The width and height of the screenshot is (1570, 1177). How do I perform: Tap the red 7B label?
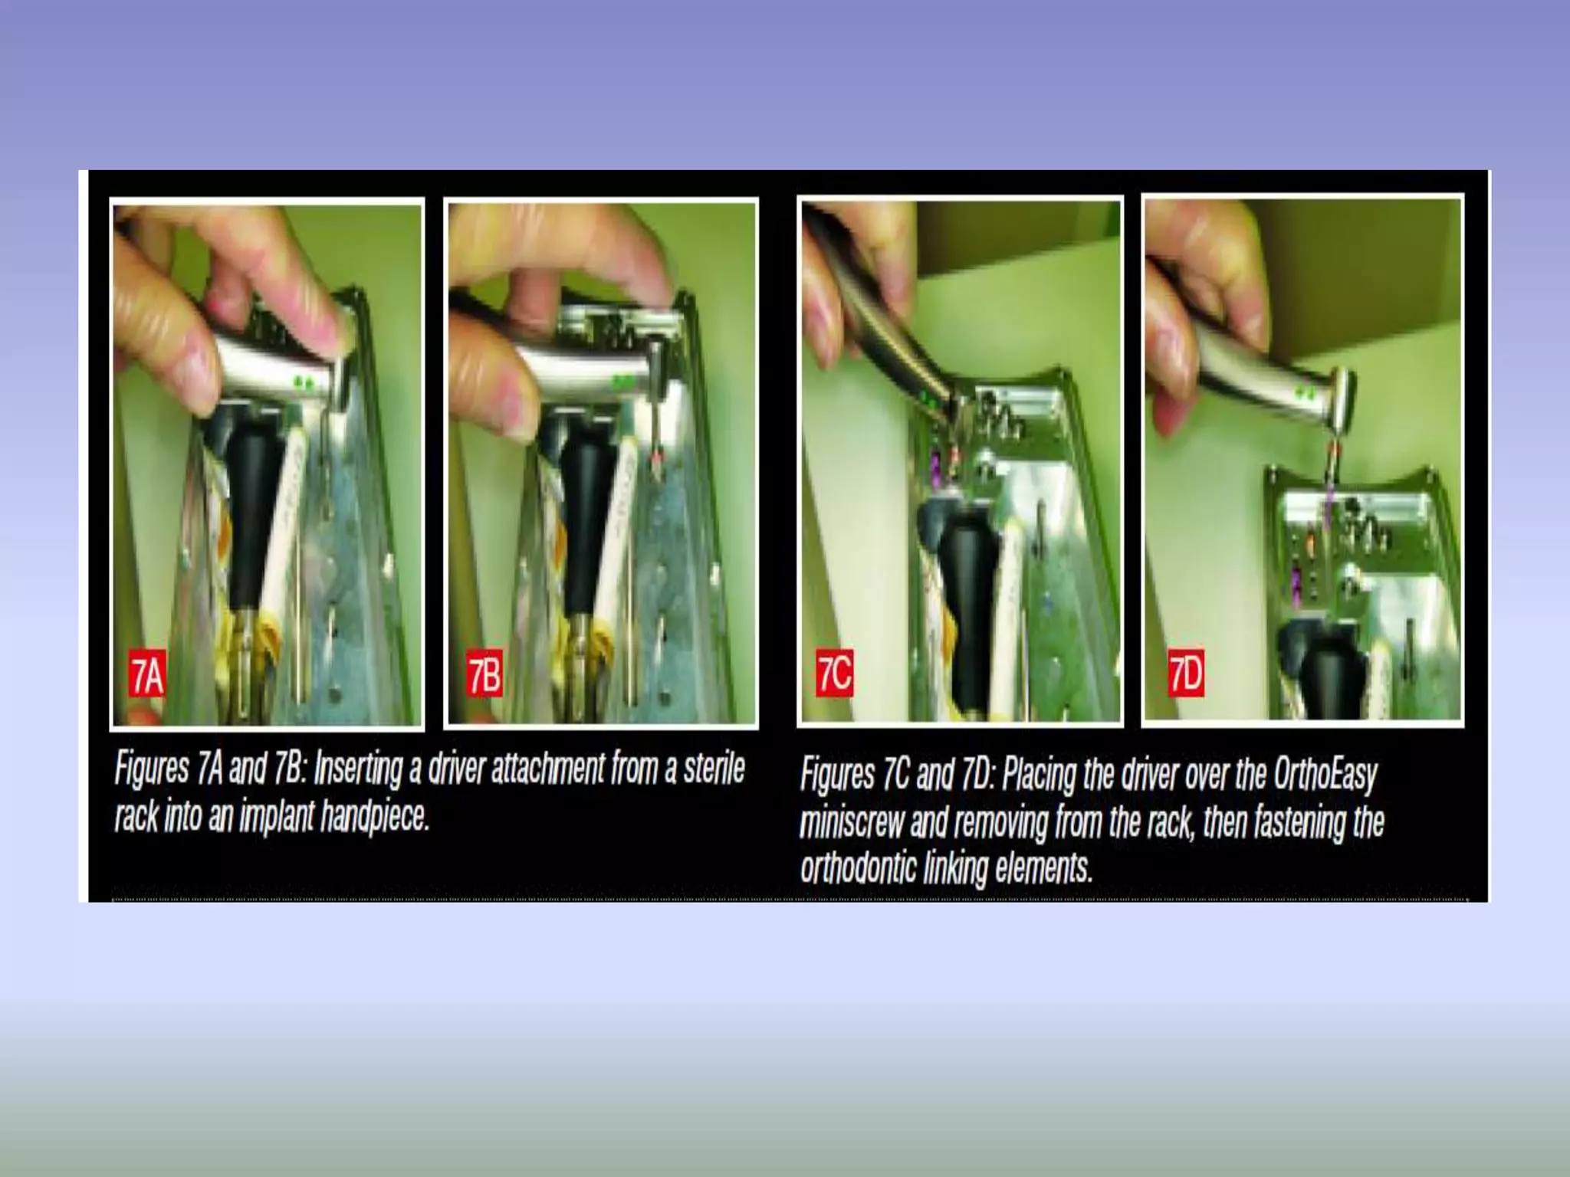pos(484,674)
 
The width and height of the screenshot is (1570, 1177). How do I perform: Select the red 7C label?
pos(833,674)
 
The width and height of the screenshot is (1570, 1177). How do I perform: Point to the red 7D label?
pos(1185,674)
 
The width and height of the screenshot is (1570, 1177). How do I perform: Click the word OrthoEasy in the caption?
pos(1325,775)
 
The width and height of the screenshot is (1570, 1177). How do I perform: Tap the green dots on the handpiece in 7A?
pos(303,381)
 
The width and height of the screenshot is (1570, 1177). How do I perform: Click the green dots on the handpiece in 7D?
pos(1306,393)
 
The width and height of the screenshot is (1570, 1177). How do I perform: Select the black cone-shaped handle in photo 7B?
pos(586,498)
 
